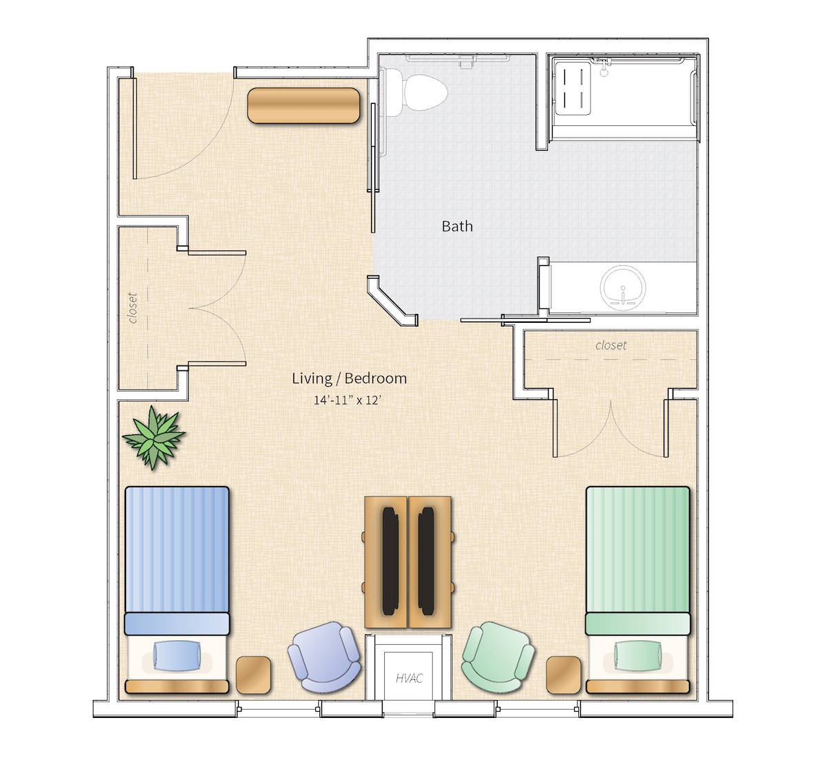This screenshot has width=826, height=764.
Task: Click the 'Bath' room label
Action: point(457,226)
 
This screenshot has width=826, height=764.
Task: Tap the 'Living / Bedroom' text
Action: point(350,379)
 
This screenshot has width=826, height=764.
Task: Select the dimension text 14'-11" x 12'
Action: point(348,400)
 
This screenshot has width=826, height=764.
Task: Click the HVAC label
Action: point(410,679)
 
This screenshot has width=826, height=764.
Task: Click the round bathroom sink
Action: point(623,288)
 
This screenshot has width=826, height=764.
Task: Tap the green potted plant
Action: point(154,438)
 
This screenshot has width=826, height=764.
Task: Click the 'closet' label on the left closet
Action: point(133,308)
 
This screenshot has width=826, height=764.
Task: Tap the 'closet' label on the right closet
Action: point(611,346)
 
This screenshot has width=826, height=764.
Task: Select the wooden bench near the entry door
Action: point(304,105)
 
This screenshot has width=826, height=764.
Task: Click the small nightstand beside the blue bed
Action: point(253,675)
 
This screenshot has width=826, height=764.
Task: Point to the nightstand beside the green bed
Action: point(564,675)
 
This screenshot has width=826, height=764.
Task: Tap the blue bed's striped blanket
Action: point(177,550)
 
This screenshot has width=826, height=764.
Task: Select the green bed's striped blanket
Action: point(638,550)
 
